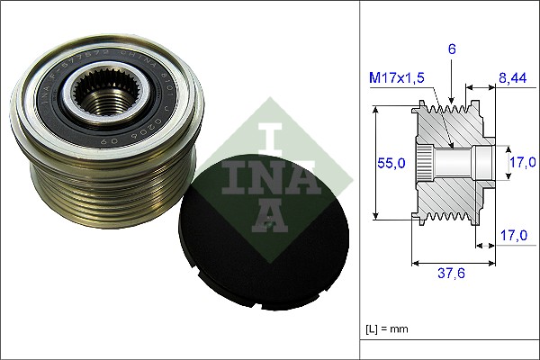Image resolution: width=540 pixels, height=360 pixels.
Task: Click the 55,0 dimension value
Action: click(x=391, y=163)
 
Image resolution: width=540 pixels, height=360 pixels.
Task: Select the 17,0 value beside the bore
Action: click(x=523, y=162)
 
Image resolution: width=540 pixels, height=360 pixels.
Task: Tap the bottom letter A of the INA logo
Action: click(x=270, y=213)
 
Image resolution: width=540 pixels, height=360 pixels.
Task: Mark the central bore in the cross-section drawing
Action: click(x=459, y=164)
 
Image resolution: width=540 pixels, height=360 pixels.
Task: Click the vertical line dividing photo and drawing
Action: click(x=360, y=180)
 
